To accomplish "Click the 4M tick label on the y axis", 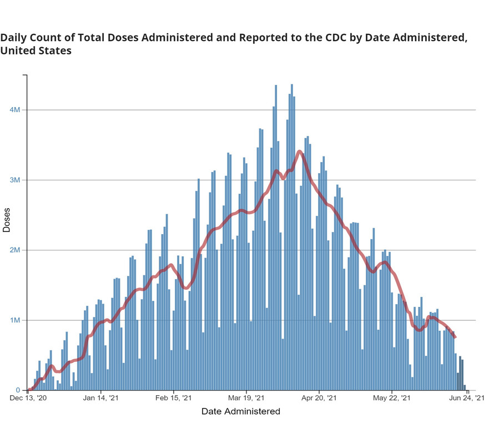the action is pyautogui.click(x=14, y=110).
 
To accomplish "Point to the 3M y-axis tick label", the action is pyautogui.click(x=14, y=180).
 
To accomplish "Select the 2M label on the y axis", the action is pyautogui.click(x=14, y=250).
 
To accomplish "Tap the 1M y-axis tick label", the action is pyautogui.click(x=14, y=320).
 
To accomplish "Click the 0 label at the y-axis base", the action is pyautogui.click(x=18, y=390).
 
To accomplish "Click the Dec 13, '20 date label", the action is pyautogui.click(x=28, y=398).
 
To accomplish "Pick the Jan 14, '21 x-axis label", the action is pyautogui.click(x=100, y=398).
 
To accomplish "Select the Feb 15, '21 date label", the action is pyautogui.click(x=173, y=398).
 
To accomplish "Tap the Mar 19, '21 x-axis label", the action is pyautogui.click(x=246, y=398).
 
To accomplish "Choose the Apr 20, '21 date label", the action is pyautogui.click(x=319, y=398).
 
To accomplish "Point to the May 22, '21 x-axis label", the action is pyautogui.click(x=392, y=398).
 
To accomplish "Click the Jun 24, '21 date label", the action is pyautogui.click(x=467, y=398).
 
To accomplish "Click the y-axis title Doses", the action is pyautogui.click(x=6, y=220).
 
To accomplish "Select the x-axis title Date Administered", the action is pyautogui.click(x=241, y=411).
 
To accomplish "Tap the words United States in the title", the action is pyautogui.click(x=36, y=51).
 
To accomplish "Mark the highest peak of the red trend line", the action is pyautogui.click(x=300, y=152).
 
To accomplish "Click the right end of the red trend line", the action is pyautogui.click(x=456, y=337).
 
